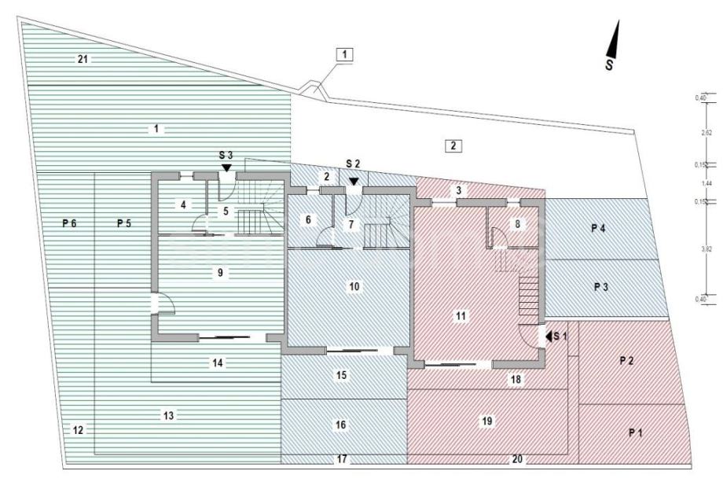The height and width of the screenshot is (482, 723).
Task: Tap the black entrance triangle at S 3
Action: (226, 167)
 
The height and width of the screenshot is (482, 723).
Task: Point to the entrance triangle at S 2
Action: (354, 182)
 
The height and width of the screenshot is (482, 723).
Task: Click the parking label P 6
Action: (69, 223)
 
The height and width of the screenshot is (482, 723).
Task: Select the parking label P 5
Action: (124, 223)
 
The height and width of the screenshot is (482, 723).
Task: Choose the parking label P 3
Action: (601, 287)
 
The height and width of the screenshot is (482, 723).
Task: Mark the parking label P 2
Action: (626, 360)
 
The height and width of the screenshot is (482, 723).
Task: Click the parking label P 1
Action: (635, 432)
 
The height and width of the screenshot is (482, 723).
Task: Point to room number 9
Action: (222, 273)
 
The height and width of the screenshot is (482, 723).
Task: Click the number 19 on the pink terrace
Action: (486, 421)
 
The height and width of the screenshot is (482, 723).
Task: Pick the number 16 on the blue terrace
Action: (340, 425)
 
